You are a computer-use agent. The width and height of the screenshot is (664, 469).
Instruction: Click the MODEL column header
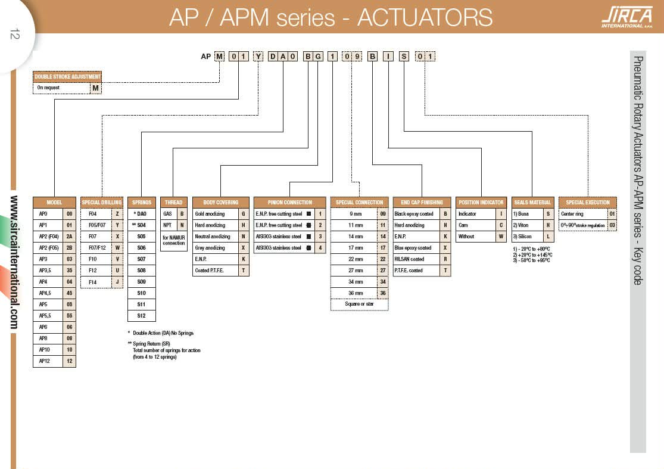[x=54, y=202]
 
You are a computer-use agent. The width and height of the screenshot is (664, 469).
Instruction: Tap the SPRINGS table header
[x=142, y=202]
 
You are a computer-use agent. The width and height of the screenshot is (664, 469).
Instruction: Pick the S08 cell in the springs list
[x=142, y=271]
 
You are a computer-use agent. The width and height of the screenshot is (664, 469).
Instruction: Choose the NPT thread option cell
[x=167, y=225]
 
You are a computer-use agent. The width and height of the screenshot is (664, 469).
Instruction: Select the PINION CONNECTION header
[x=290, y=202]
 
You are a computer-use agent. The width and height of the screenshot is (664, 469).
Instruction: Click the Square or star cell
[x=359, y=305]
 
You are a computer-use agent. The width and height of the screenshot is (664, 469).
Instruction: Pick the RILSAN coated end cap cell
[x=416, y=259]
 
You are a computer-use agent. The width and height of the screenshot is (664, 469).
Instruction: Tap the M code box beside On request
[x=95, y=88]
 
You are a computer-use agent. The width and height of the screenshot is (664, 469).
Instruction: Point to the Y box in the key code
[x=258, y=57]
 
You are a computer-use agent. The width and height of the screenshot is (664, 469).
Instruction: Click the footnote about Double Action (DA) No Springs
[x=161, y=333]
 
